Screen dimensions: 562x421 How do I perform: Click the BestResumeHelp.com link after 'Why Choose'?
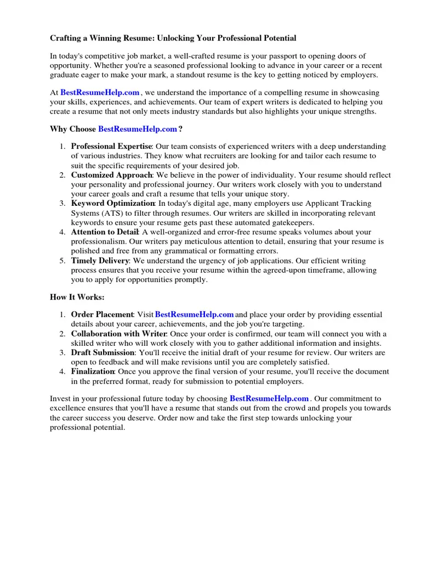(x=138, y=129)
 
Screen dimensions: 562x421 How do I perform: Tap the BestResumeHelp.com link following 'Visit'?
(x=195, y=314)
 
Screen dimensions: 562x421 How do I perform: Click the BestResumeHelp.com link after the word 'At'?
(x=100, y=93)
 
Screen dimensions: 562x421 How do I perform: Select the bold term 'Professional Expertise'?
(x=111, y=147)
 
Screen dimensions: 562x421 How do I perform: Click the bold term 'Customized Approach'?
(x=111, y=175)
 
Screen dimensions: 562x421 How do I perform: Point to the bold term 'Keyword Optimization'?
(x=113, y=204)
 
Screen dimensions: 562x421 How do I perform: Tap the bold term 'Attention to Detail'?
(x=105, y=232)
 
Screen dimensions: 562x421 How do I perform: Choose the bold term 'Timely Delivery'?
(x=100, y=261)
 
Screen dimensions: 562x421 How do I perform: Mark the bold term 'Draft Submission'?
(x=103, y=352)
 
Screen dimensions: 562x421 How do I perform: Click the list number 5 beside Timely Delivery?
(x=62, y=261)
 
